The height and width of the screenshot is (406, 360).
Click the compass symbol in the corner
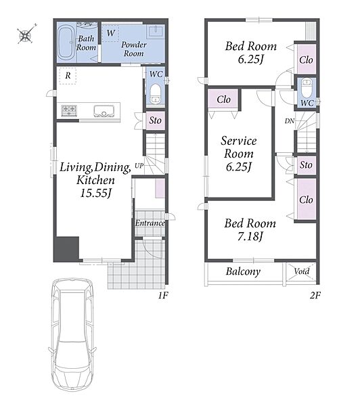pyautogui.click(x=26, y=34)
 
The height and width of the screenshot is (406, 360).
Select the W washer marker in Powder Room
pyautogui.click(x=110, y=33)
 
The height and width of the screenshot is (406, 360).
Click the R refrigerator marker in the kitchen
pyautogui.click(x=68, y=75)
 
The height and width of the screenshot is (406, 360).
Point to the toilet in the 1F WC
pyautogui.click(x=156, y=93)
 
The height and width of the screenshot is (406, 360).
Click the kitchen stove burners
pyautogui.click(x=69, y=110)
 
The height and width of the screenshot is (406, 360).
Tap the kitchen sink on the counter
pyautogui.click(x=104, y=110)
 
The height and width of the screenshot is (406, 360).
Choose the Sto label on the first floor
pyautogui.click(x=155, y=120)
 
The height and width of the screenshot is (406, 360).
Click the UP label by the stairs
pyautogui.click(x=139, y=166)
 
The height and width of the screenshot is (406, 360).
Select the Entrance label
pyautogui.click(x=150, y=223)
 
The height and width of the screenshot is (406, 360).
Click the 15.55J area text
pyautogui.click(x=95, y=193)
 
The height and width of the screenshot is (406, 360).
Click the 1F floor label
pyautogui.click(x=163, y=295)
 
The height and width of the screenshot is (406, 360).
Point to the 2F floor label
pyautogui.click(x=315, y=295)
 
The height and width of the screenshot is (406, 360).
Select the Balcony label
pyautogui.click(x=243, y=271)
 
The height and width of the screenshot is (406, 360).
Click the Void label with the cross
pyautogui.click(x=302, y=271)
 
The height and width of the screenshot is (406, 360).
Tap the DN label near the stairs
pyautogui.click(x=290, y=120)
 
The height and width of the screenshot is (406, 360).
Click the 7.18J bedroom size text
pyautogui.click(x=250, y=236)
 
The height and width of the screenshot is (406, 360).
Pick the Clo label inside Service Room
pyautogui.click(x=223, y=99)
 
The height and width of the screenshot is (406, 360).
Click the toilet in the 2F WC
pyautogui.click(x=307, y=88)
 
